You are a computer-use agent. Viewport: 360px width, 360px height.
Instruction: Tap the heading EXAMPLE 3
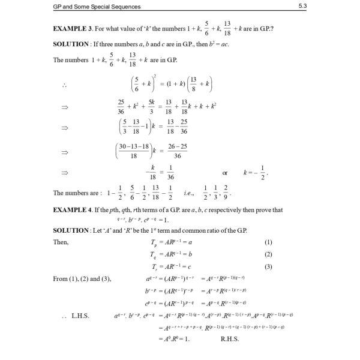point(76,28)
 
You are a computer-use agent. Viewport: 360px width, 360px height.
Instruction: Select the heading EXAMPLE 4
point(76,210)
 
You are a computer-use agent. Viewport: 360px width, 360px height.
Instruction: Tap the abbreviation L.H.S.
point(80,314)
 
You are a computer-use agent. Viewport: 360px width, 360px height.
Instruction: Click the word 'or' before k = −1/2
point(225,173)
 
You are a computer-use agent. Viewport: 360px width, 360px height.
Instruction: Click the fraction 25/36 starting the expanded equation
point(122,106)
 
